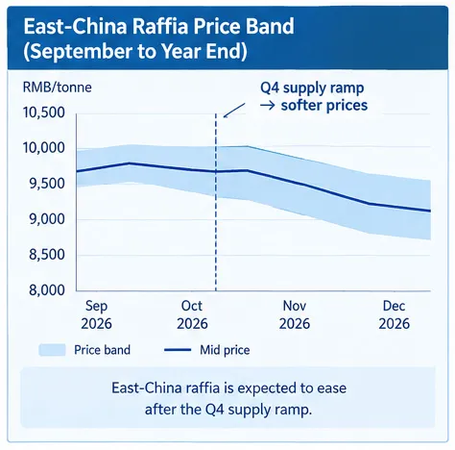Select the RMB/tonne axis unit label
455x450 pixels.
pos(58,87)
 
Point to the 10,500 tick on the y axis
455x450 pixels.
pos(44,112)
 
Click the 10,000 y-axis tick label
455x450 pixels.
pos(44,148)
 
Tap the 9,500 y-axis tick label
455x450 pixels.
pos(47,184)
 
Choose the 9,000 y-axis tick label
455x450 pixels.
pos(47,219)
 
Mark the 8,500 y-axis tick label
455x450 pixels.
pos(47,255)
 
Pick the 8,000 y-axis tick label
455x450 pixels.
pos(47,290)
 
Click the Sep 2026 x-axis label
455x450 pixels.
pos(96,314)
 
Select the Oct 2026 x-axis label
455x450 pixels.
pos(192,314)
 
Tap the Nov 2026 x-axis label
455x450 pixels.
pos(295,314)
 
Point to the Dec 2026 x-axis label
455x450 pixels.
pos(394,314)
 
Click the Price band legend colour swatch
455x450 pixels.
pos(52,350)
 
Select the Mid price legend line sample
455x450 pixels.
pos(178,350)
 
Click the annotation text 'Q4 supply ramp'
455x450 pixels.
pos(312,88)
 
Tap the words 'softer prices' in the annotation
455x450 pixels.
pos(324,105)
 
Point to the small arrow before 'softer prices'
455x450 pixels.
pos(268,105)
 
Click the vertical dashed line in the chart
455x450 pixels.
pos(216,202)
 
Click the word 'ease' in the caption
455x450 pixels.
pos(332,388)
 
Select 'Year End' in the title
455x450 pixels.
pos(204,51)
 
